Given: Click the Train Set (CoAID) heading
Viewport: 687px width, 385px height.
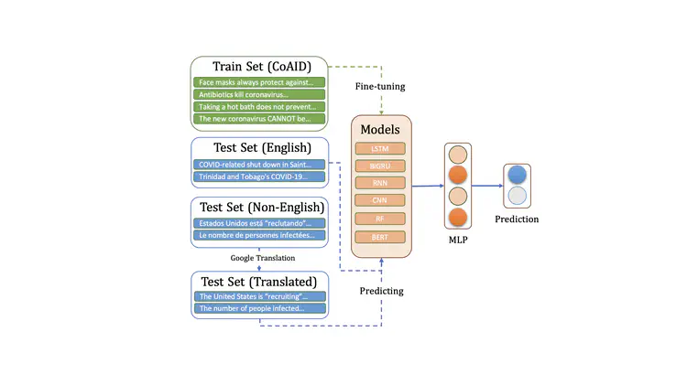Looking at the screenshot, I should coord(259,66).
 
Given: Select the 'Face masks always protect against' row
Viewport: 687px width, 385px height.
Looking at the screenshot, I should coord(259,82).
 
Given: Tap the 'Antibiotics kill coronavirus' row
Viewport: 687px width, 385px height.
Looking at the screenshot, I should coord(259,94).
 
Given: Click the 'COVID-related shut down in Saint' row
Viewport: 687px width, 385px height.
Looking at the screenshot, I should coord(259,165).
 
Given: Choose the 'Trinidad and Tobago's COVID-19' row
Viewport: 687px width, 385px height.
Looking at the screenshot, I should coord(259,176).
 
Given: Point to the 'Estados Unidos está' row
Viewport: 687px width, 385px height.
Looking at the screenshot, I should coord(259,223).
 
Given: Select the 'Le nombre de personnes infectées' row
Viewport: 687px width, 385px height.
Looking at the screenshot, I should coord(259,235).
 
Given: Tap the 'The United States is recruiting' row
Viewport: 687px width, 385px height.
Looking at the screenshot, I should coord(259,296).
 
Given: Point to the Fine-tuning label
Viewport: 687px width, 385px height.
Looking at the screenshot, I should coord(381,87).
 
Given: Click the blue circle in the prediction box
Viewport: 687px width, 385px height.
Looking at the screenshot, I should coord(517,175).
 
